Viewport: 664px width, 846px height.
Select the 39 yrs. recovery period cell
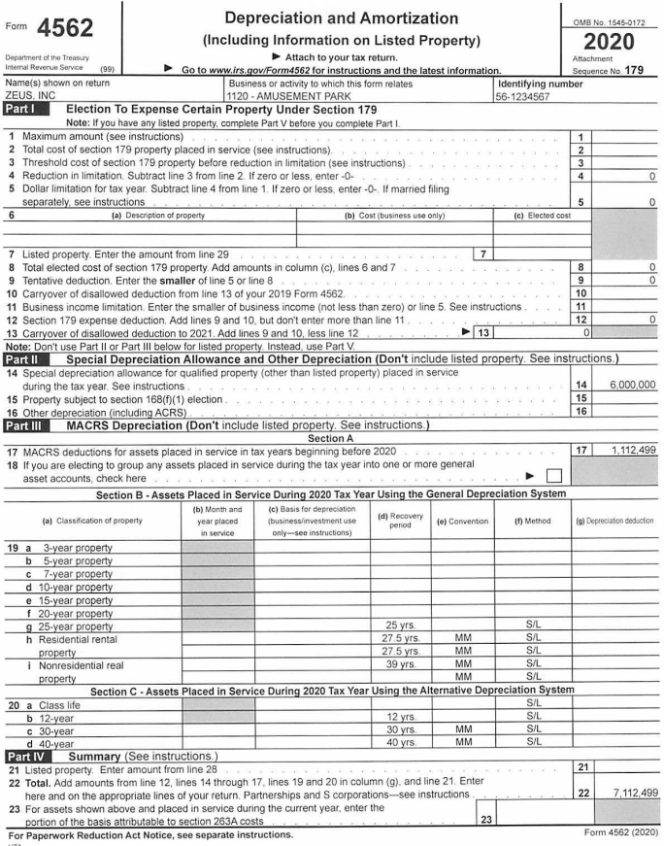pos(400,635)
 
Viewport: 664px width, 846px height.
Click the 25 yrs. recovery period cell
pos(400,596)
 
